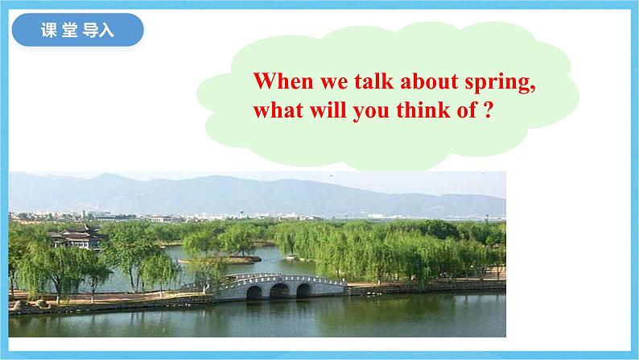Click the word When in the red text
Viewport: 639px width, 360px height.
pyautogui.click(x=283, y=81)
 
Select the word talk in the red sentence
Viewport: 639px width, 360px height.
pyautogui.click(x=374, y=81)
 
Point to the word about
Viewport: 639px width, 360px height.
pyautogui.click(x=430, y=81)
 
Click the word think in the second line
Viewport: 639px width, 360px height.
pyautogui.click(x=423, y=110)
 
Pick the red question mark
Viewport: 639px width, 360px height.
pyautogui.click(x=489, y=110)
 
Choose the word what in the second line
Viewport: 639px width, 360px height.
pyautogui.click(x=278, y=110)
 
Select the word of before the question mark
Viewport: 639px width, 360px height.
pyautogui.click(x=467, y=110)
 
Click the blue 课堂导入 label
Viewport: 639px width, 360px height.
pyautogui.click(x=77, y=30)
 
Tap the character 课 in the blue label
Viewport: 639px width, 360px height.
pyautogui.click(x=49, y=30)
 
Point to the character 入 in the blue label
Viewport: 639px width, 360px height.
pyautogui.click(x=106, y=30)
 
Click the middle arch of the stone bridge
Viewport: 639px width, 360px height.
pyautogui.click(x=279, y=291)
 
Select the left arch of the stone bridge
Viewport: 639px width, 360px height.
pyautogui.click(x=254, y=293)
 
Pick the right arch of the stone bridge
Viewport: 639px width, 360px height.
pyautogui.click(x=303, y=290)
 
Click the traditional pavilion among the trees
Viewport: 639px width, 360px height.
pyautogui.click(x=76, y=238)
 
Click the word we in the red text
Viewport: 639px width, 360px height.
pyautogui.click(x=334, y=83)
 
